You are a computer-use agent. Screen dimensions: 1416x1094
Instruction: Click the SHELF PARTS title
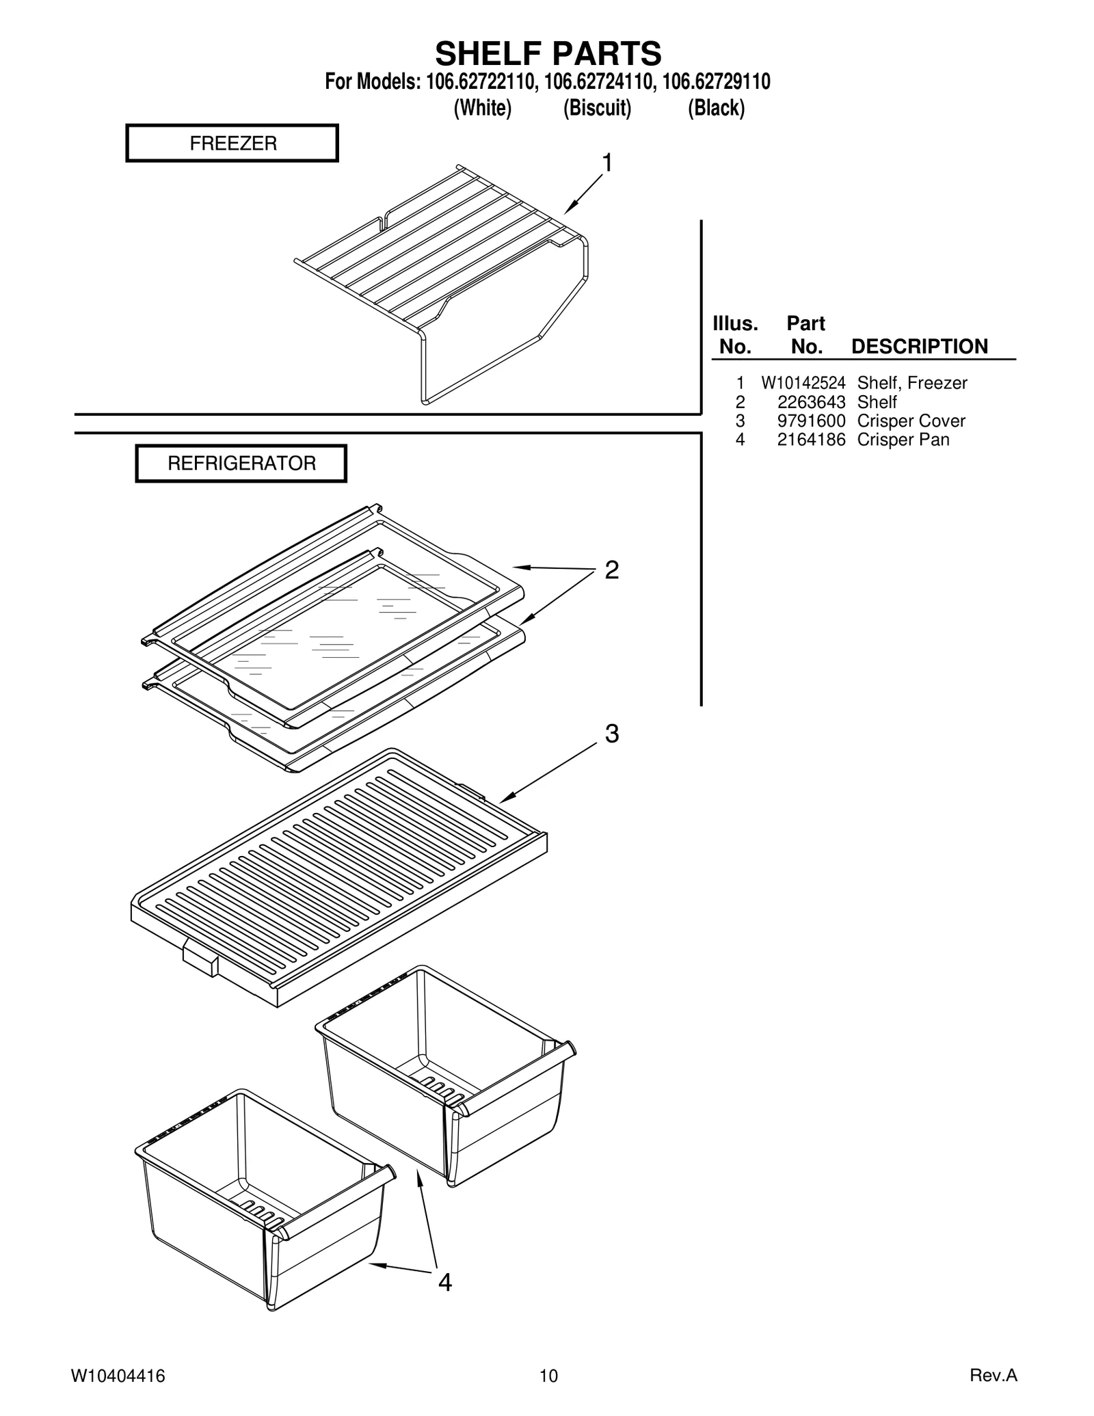tap(548, 53)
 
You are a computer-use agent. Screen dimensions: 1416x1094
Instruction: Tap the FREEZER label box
tap(232, 143)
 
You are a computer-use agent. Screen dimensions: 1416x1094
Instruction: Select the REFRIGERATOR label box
tap(241, 464)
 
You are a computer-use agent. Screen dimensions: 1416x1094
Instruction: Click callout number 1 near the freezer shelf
tap(606, 163)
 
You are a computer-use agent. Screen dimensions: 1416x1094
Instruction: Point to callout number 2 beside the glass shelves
tap(611, 570)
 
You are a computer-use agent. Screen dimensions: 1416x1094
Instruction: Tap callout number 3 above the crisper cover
tap(611, 734)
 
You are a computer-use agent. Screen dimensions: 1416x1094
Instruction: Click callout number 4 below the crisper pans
tap(444, 1283)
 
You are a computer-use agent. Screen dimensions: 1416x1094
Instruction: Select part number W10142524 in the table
tap(803, 383)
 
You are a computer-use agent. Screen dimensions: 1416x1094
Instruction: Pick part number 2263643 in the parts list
tap(811, 402)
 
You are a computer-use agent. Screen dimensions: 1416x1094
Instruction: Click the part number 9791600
tap(811, 421)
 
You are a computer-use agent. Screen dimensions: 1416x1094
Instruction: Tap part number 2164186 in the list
tap(811, 440)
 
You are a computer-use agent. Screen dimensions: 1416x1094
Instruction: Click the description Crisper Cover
tap(911, 421)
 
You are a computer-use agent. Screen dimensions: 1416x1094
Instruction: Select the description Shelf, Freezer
tap(912, 383)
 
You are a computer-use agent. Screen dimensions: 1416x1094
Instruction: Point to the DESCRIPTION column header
tap(919, 347)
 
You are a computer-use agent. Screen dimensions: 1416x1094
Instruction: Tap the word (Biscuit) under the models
tap(597, 108)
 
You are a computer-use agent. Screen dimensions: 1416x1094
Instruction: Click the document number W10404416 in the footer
tap(118, 1376)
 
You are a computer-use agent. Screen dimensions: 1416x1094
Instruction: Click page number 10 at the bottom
tap(548, 1376)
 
